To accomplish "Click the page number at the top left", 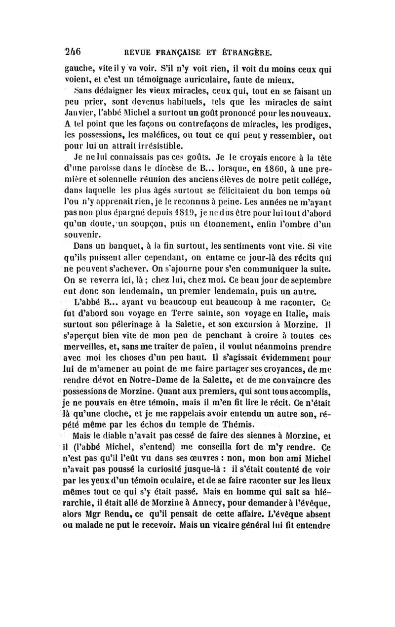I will coord(73,51).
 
